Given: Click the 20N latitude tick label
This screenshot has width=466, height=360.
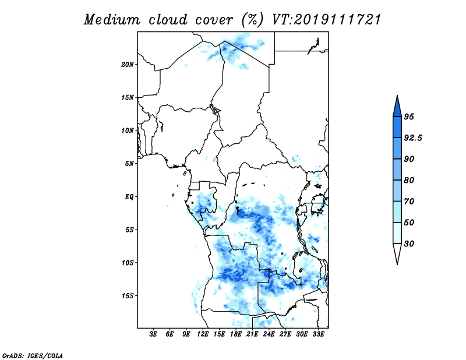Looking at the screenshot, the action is coord(128,64).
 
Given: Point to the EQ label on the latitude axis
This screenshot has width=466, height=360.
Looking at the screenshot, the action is coord(129,196).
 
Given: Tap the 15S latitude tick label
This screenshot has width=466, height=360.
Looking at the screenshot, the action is coord(128,295).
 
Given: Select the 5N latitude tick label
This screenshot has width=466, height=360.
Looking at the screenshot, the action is coord(129,164).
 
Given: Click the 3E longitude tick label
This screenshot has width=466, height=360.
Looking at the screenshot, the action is coord(153,334).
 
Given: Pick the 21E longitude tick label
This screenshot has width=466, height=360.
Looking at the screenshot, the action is coord(252,334).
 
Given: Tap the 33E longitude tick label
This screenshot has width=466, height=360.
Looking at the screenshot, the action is coord(318,334).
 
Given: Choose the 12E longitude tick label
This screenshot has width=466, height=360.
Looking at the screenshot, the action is coord(203,334).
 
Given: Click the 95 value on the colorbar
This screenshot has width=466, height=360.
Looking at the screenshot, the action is coord(409,117).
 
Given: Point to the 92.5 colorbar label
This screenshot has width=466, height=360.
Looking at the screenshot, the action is coord(413,138).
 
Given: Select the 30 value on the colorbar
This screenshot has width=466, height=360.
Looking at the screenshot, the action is coord(409,243).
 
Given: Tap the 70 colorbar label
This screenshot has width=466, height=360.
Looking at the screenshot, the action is coord(409,201).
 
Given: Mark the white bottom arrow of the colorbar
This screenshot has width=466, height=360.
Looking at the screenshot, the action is coord(397,252).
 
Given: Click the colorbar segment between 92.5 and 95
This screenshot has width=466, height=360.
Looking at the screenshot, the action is coord(397,127).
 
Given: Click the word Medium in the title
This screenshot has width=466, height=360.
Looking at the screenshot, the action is coord(111,20).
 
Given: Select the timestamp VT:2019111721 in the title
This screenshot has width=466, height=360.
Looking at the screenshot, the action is coord(326,20).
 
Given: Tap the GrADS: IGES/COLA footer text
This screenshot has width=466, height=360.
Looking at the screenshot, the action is coord(33,355).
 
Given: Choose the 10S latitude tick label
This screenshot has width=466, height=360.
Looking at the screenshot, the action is coord(128,263).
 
